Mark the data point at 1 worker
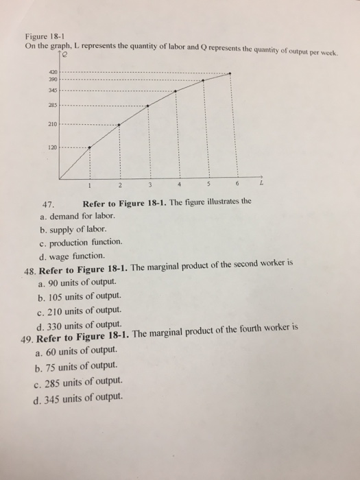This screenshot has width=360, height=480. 89,146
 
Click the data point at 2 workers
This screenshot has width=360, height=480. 119,125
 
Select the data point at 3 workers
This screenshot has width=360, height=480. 148,106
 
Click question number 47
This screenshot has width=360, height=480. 47,203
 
